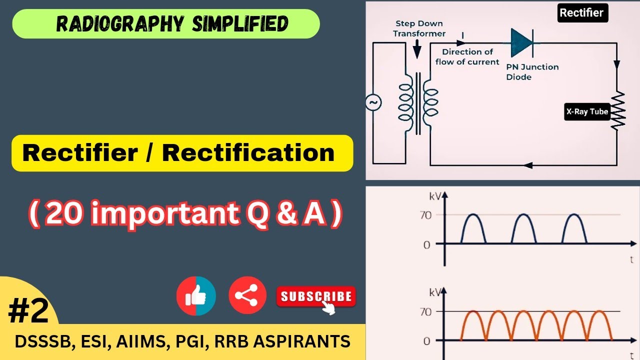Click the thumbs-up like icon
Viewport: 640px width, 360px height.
tap(196, 296)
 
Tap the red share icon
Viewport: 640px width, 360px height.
tap(247, 295)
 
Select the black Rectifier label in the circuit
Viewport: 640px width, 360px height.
tap(582, 13)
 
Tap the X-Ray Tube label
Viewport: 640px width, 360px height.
tap(587, 112)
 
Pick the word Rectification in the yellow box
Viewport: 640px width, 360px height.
tap(248, 153)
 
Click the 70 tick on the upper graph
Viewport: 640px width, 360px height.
tap(425, 215)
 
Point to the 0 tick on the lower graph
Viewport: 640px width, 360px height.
tap(426, 341)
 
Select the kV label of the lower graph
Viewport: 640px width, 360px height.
tap(434, 292)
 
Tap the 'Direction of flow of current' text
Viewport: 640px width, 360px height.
tap(467, 57)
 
